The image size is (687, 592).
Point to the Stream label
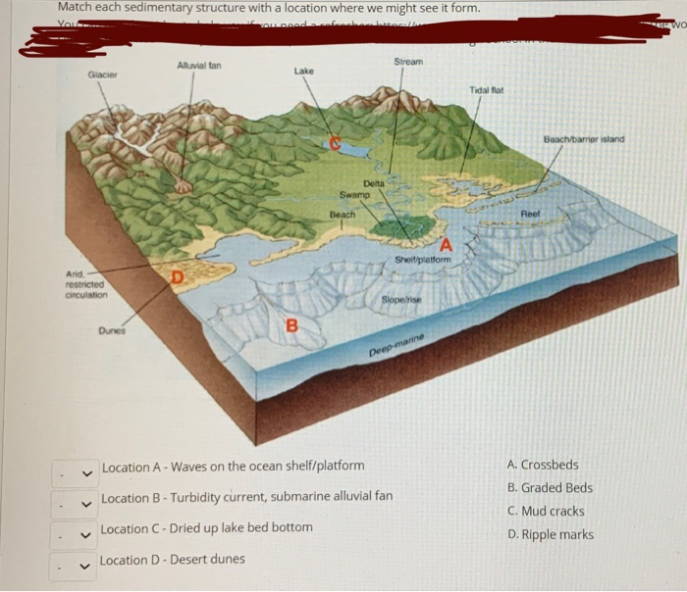click(x=408, y=61)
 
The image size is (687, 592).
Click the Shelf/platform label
click(x=422, y=259)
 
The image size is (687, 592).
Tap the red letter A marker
click(x=447, y=243)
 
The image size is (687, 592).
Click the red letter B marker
click(x=291, y=326)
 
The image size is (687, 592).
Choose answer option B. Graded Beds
click(x=550, y=487)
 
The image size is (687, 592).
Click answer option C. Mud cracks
click(x=546, y=511)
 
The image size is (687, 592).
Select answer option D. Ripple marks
click(x=550, y=534)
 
